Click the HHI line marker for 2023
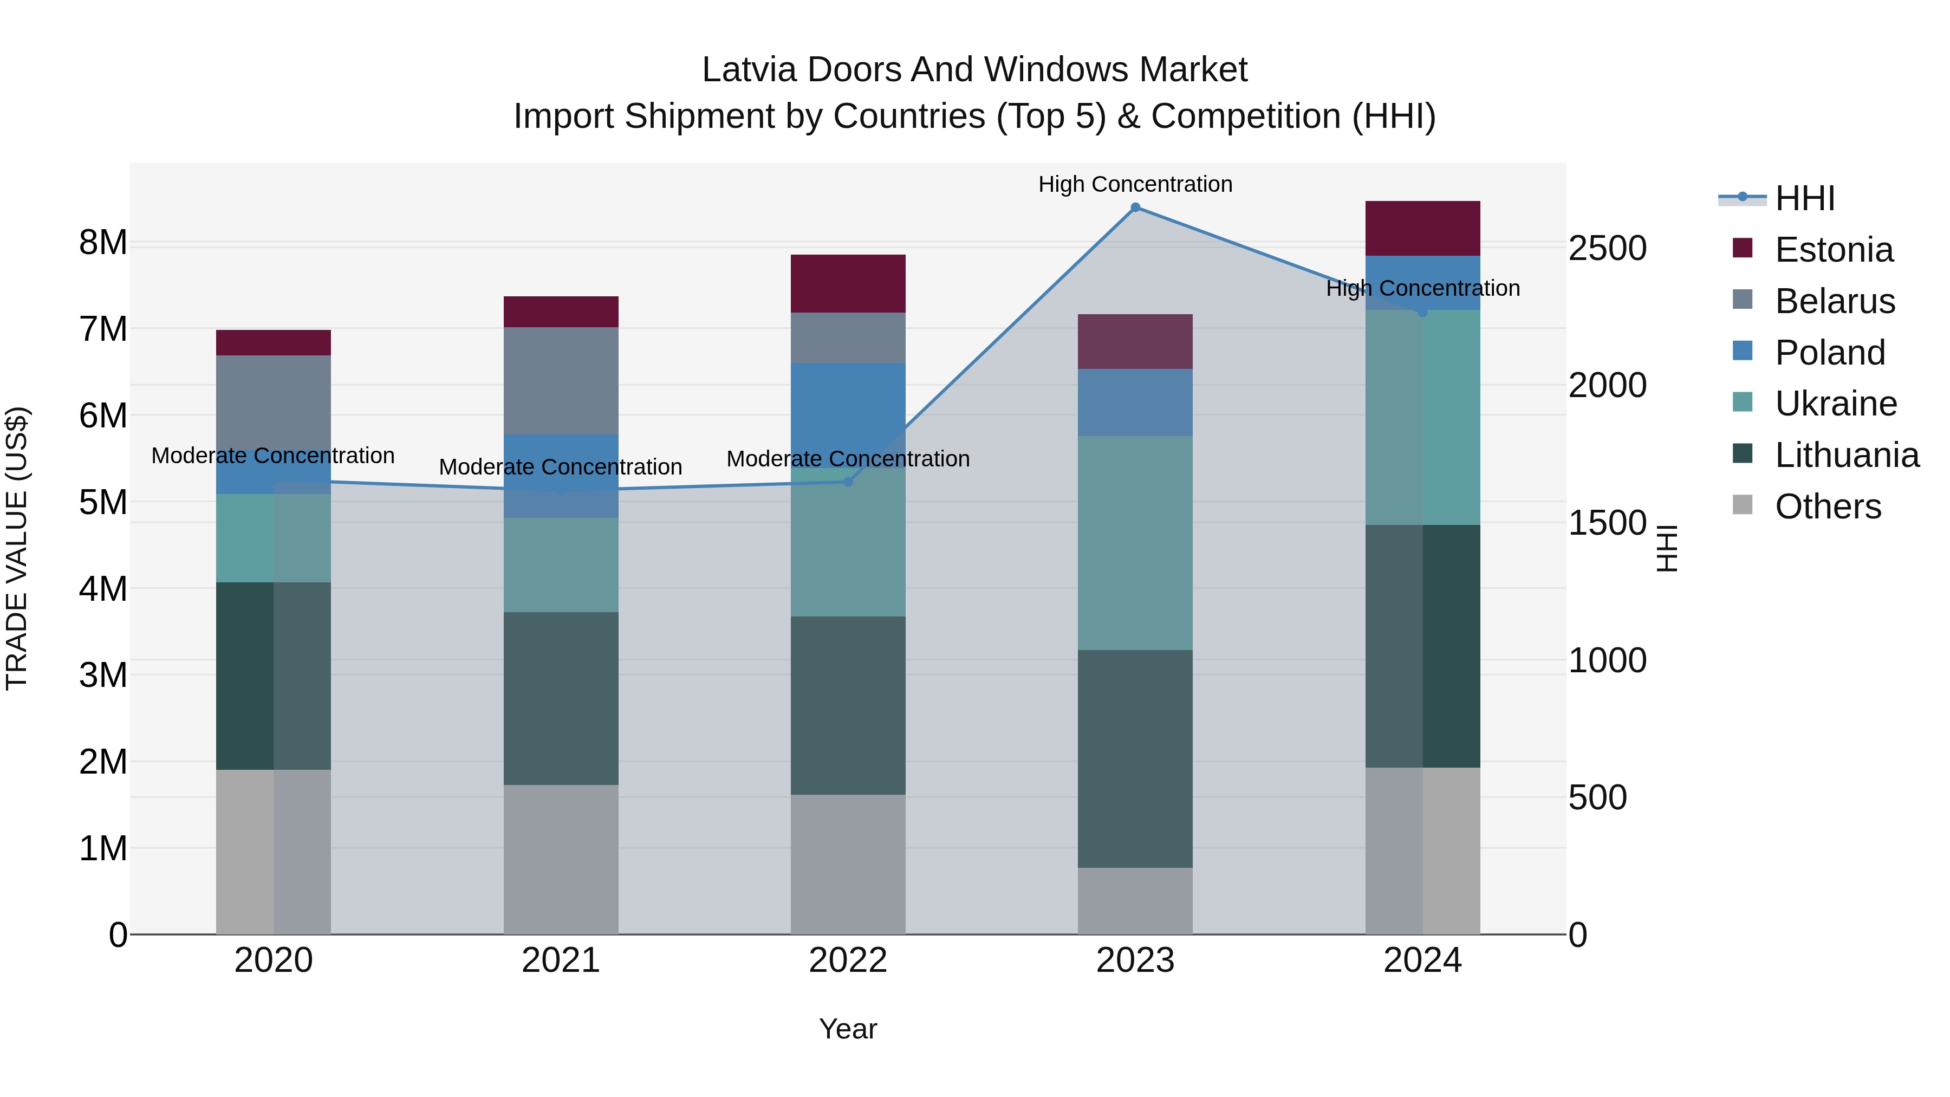pos(1135,207)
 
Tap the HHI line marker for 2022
pos(848,482)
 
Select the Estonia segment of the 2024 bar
pos(1422,229)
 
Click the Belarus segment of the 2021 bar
pos(561,381)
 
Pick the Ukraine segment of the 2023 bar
pos(1135,543)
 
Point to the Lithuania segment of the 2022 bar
pos(848,705)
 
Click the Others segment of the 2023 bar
pos(1135,901)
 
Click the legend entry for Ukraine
pos(1835,404)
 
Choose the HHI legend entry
pos(1804,198)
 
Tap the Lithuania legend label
pos(1847,455)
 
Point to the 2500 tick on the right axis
pos(1607,248)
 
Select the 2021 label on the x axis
pos(561,960)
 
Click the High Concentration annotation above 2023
pos(1135,184)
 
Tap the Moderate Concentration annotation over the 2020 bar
pos(274,456)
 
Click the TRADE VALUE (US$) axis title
pos(17,548)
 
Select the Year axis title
pos(848,1029)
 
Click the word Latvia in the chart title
pos(750,70)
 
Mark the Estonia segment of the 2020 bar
pos(274,343)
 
